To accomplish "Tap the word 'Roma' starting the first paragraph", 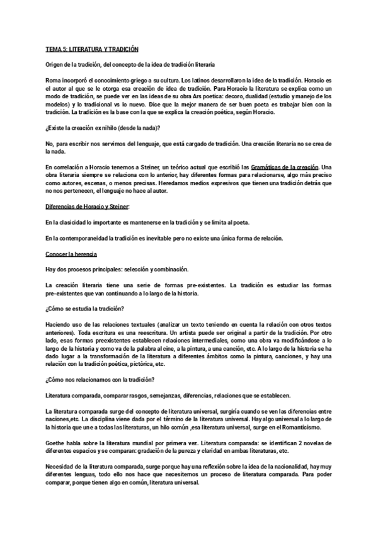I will (x=54, y=81).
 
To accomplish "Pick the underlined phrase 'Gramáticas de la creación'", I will (x=295, y=166).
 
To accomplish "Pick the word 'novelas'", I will (x=318, y=443).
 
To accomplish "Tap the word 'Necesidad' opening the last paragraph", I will (x=60, y=467).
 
